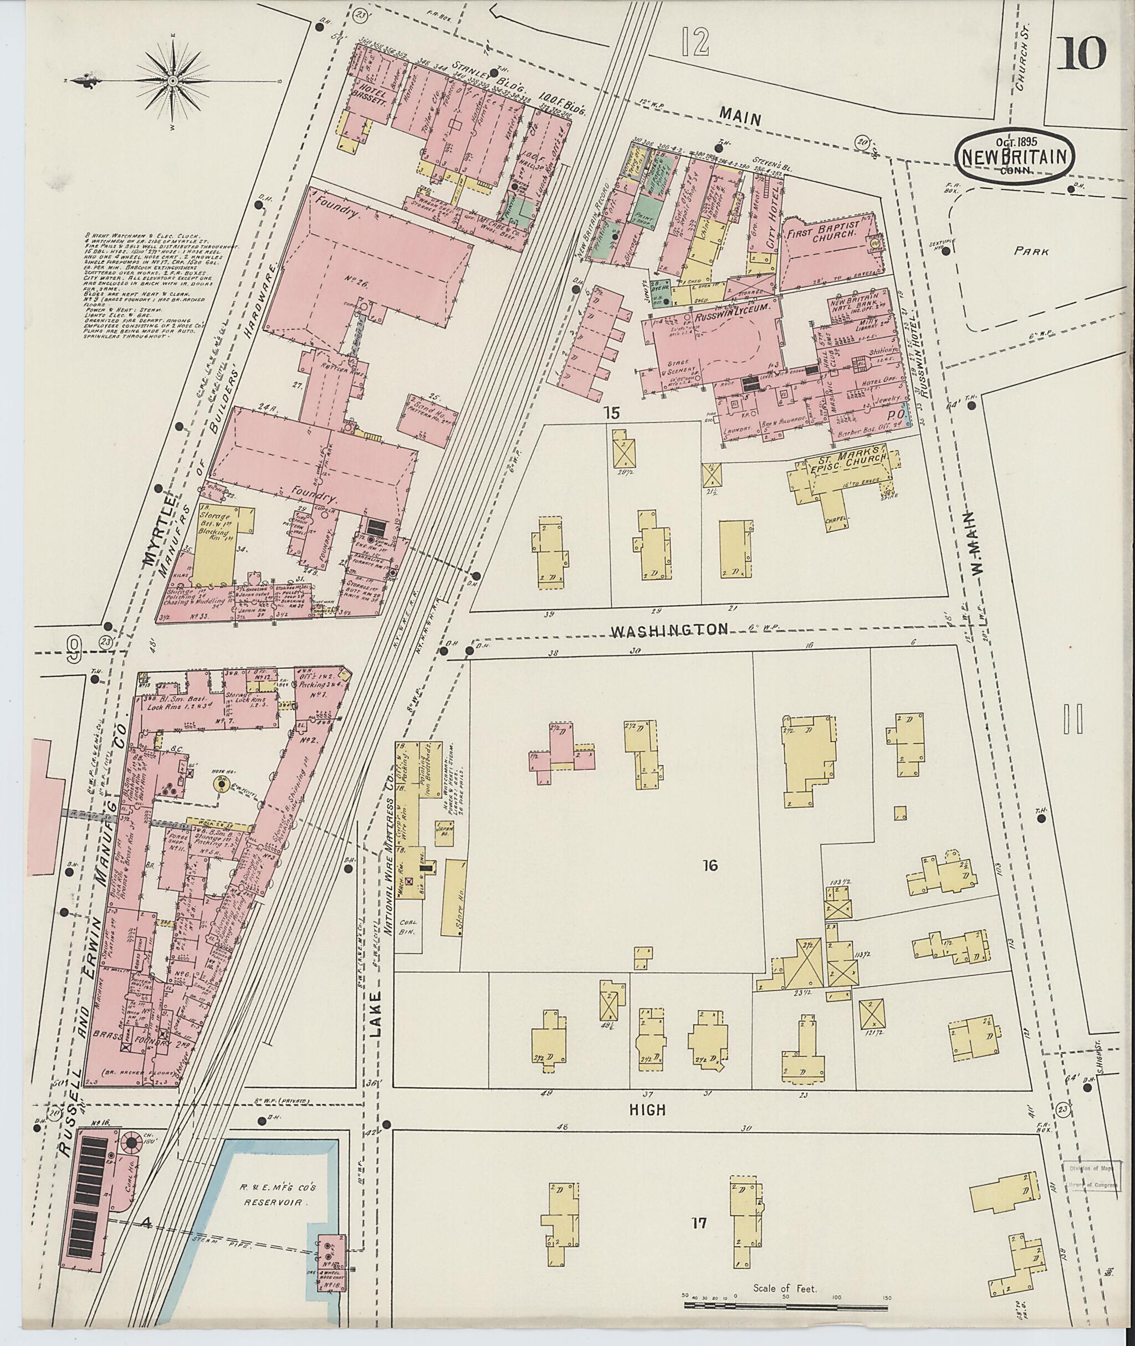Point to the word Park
(x=1031, y=252)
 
